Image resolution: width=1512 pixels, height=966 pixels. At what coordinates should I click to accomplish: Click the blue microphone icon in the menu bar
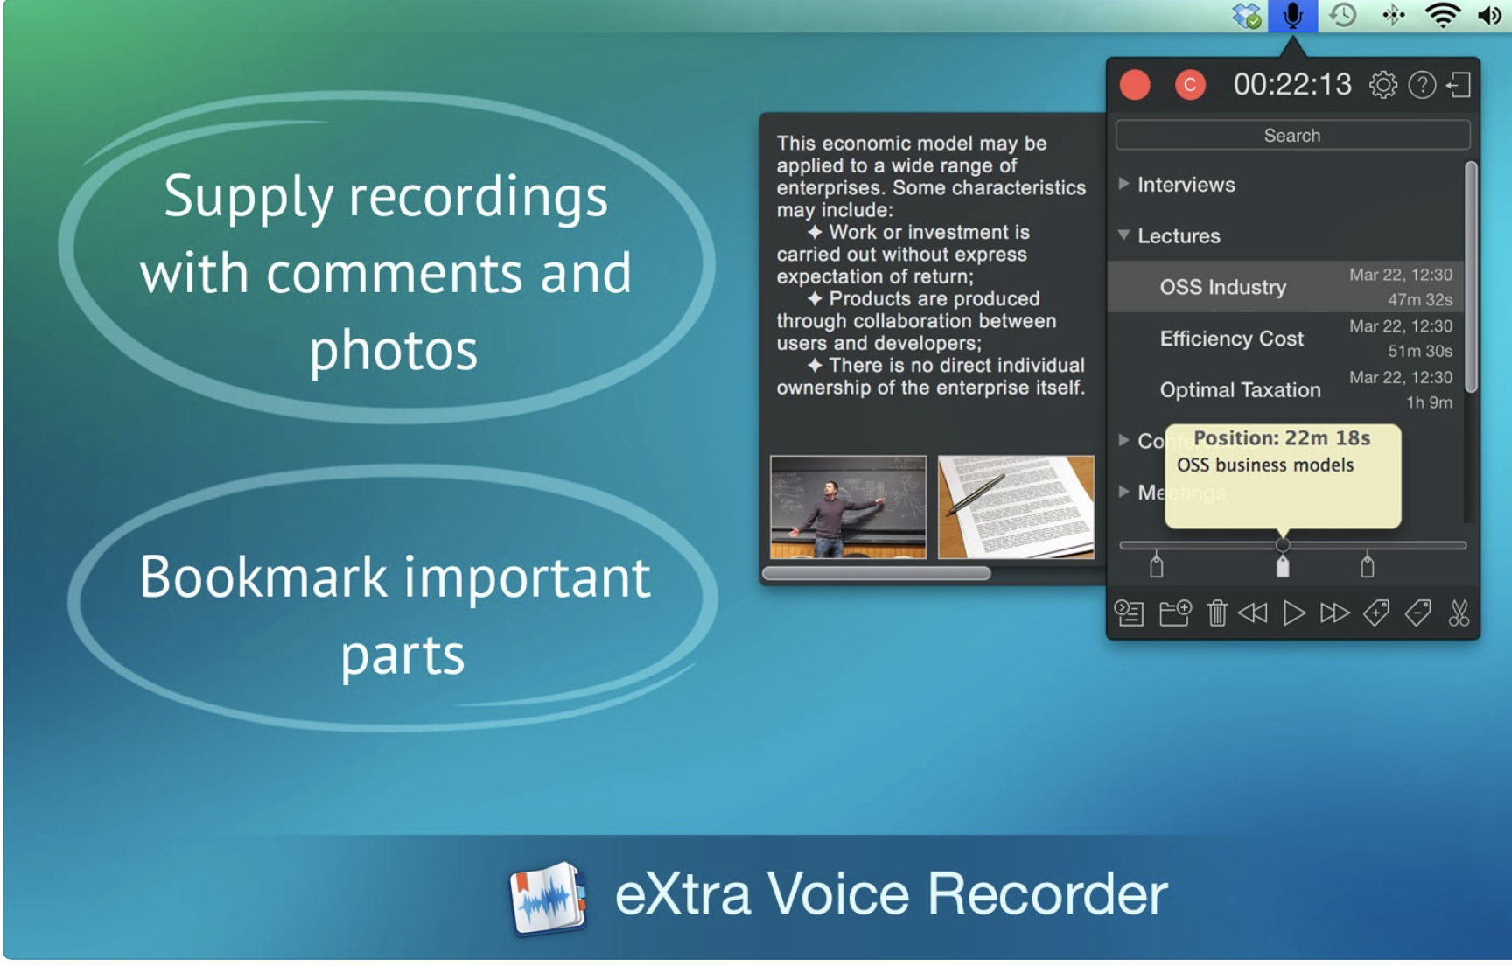coord(1292,16)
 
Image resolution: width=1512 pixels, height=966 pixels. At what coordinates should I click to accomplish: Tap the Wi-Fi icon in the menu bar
coord(1442,16)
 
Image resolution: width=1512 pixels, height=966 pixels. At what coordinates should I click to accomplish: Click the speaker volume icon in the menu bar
coord(1489,16)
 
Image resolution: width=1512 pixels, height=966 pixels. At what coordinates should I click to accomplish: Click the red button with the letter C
coord(1189,85)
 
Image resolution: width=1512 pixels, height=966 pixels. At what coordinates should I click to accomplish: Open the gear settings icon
coord(1383,85)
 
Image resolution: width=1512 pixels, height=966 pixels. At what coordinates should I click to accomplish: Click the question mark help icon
coord(1422,85)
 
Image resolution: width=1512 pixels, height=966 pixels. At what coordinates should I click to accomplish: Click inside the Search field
coord(1292,136)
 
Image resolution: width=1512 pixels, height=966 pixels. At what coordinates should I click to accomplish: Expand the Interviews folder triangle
coord(1123,184)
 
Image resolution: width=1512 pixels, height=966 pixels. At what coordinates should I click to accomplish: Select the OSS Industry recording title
coord(1222,287)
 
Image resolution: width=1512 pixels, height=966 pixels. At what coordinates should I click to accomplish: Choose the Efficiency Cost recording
coord(1231,339)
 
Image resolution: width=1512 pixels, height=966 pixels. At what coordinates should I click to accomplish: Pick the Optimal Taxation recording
coord(1240,390)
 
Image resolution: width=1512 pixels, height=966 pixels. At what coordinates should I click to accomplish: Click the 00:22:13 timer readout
coord(1292,85)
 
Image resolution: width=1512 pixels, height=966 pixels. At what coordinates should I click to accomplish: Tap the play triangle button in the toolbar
coord(1293,613)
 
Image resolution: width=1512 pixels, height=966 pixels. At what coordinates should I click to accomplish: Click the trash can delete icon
coord(1217,613)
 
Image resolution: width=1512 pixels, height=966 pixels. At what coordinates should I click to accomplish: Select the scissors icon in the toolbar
coord(1458,613)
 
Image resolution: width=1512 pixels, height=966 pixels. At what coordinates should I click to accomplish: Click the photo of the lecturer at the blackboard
coord(848,507)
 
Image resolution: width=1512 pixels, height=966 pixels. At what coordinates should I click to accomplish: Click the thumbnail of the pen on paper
coord(1016,507)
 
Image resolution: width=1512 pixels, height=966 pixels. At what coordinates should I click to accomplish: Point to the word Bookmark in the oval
coord(263,577)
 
